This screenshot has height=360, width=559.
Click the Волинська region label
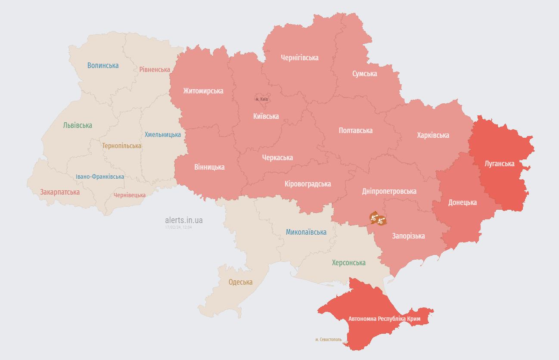102,65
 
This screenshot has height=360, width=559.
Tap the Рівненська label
155,69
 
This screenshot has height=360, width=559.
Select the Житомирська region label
203,91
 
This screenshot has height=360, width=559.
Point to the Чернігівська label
299,57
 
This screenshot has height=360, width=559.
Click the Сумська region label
364,74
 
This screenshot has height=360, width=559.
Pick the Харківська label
433,135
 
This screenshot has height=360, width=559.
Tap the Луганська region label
500,164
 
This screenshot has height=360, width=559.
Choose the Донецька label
463,202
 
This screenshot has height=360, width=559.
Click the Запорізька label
408,236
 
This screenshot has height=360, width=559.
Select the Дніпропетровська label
389,191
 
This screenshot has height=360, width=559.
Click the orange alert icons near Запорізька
377,219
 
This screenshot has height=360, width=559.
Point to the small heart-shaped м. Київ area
262,99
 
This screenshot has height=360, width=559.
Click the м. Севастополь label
328,339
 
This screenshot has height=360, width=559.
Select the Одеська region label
240,282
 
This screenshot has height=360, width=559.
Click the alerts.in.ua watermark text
183,220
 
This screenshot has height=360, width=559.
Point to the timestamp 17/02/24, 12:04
178,227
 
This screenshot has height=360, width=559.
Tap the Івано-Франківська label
100,177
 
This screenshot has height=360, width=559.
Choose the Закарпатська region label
60,192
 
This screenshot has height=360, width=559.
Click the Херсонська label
348,263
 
